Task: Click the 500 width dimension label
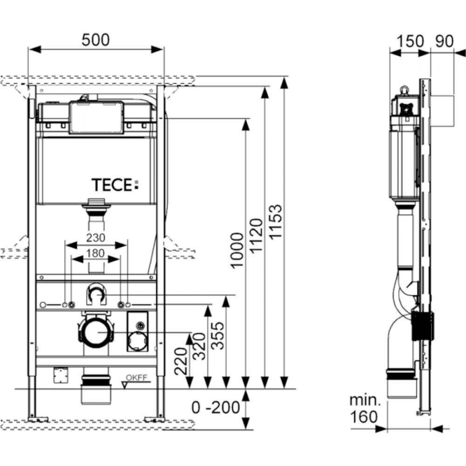pos(96,40)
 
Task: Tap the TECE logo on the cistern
pos(115,185)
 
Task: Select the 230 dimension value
pos(96,238)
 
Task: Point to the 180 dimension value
pos(96,253)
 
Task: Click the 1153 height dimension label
pos(275,221)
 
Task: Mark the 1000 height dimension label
pos(237,251)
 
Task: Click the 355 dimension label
pos(218,336)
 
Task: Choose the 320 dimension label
pos(199,347)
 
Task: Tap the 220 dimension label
pos(180,361)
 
